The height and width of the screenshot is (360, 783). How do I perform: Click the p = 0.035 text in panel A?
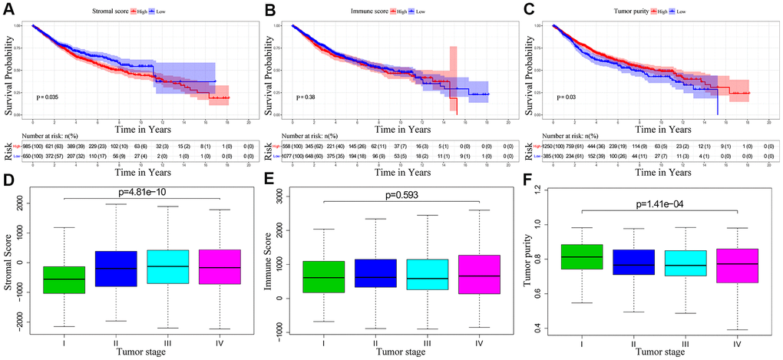point(49,97)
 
